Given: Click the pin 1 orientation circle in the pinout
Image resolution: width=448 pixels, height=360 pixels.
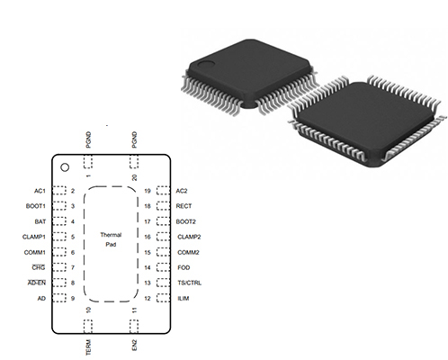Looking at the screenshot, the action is tap(65, 167).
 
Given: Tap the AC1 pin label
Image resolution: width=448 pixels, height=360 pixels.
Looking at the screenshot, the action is tap(40, 191).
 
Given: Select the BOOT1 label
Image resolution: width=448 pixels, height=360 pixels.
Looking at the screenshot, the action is tap(36, 206).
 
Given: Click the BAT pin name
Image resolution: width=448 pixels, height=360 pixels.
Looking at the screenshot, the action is tap(40, 221).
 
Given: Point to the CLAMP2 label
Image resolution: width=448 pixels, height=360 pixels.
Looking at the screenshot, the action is tap(189, 237).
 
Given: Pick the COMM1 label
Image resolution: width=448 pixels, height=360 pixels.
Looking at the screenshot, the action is tap(35, 253).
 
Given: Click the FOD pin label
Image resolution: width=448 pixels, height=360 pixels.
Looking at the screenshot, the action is tap(184, 267).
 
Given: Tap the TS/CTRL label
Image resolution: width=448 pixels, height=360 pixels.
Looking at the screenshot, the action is tap(189, 283).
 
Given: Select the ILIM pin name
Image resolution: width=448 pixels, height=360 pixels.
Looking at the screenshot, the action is tap(184, 299).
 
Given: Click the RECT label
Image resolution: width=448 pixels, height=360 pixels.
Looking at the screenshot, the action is tap(184, 206).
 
